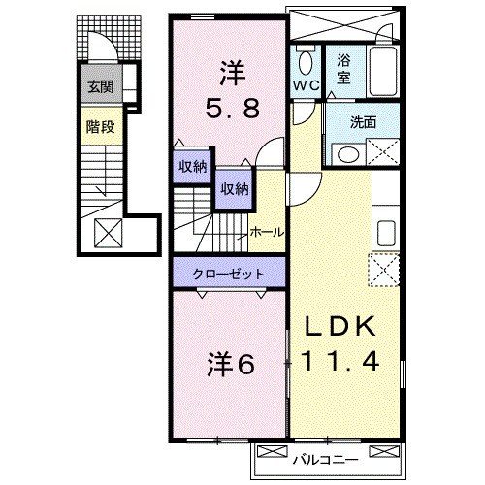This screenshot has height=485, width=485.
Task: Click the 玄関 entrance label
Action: pos(100,87)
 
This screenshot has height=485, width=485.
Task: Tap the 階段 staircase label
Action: pos(100,125)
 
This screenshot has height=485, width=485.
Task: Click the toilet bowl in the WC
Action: pos(306,63)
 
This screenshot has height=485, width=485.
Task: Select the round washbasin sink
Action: pos(343,154)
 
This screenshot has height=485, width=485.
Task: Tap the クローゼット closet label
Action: pos(228,274)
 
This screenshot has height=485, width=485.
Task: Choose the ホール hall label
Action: pos(268,232)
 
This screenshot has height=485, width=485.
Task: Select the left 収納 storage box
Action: pos(192,166)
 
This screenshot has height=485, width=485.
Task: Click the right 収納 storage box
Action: pos(233,188)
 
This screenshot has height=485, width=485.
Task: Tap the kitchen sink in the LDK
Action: pos(385,234)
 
